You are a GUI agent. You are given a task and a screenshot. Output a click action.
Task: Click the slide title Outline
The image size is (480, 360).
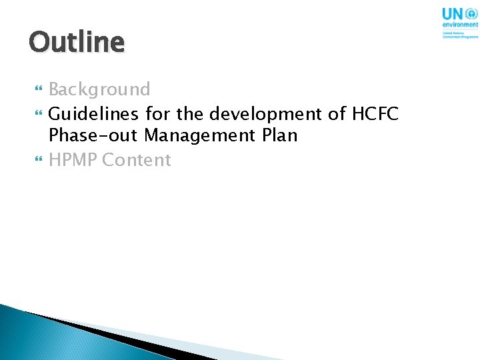coord(76,43)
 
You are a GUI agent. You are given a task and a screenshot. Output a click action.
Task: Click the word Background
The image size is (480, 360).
coord(99,89)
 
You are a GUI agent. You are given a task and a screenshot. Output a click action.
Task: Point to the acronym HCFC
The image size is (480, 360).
coord(375,114)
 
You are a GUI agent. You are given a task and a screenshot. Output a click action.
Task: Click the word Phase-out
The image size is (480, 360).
coord(93,136)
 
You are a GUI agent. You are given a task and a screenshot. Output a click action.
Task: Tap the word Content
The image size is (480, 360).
coord(137,160)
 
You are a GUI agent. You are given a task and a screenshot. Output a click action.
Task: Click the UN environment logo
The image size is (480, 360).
coord(459,22)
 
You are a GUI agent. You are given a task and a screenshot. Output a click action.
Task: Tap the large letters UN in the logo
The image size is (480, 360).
coord(453,13)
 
